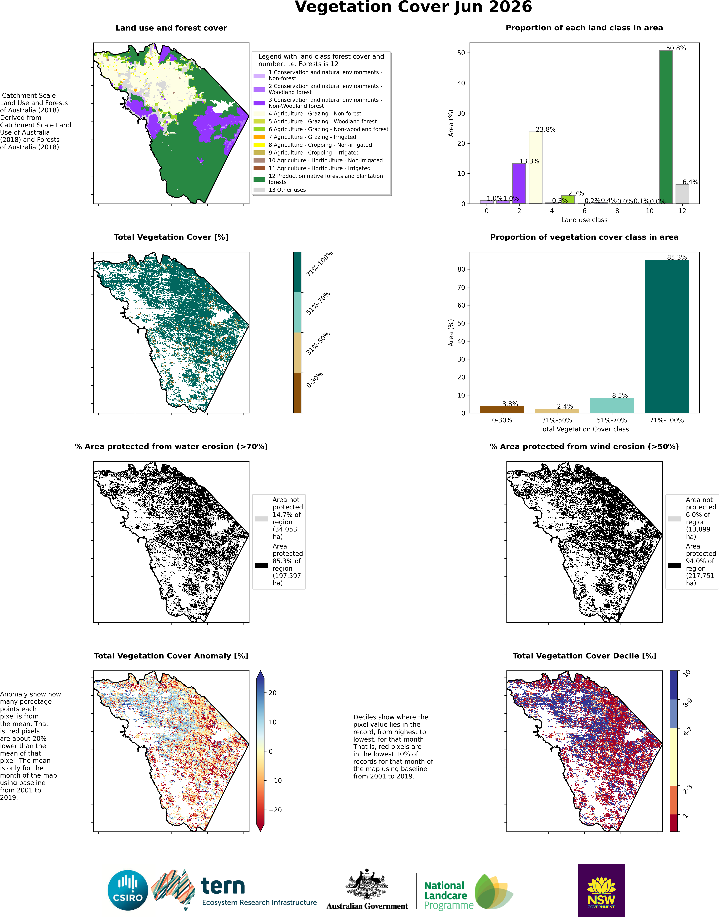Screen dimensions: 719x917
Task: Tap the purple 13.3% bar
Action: (x=519, y=183)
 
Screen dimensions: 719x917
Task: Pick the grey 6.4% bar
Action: (x=682, y=194)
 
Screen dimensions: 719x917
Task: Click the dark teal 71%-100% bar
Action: (x=667, y=336)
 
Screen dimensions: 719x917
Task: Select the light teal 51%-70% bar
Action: (x=612, y=405)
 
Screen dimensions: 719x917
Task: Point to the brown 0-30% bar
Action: (x=502, y=410)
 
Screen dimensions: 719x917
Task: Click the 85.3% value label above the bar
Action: (x=676, y=257)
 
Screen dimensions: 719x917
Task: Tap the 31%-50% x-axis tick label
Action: (x=556, y=420)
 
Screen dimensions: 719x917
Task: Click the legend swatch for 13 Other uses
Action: (x=259, y=190)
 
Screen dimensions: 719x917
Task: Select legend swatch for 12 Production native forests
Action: (x=259, y=179)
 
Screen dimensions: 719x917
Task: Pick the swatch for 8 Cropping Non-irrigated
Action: (x=259, y=145)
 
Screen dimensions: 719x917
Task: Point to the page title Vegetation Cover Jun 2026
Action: (x=413, y=7)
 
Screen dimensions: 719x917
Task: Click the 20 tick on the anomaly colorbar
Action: (x=272, y=693)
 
